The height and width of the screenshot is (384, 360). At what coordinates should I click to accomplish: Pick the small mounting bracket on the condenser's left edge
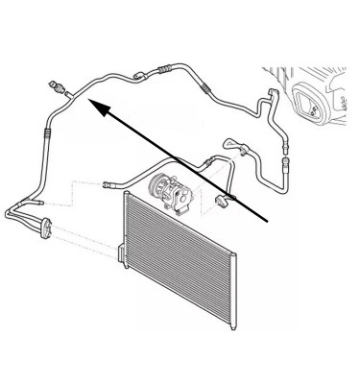pos(122,252)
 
